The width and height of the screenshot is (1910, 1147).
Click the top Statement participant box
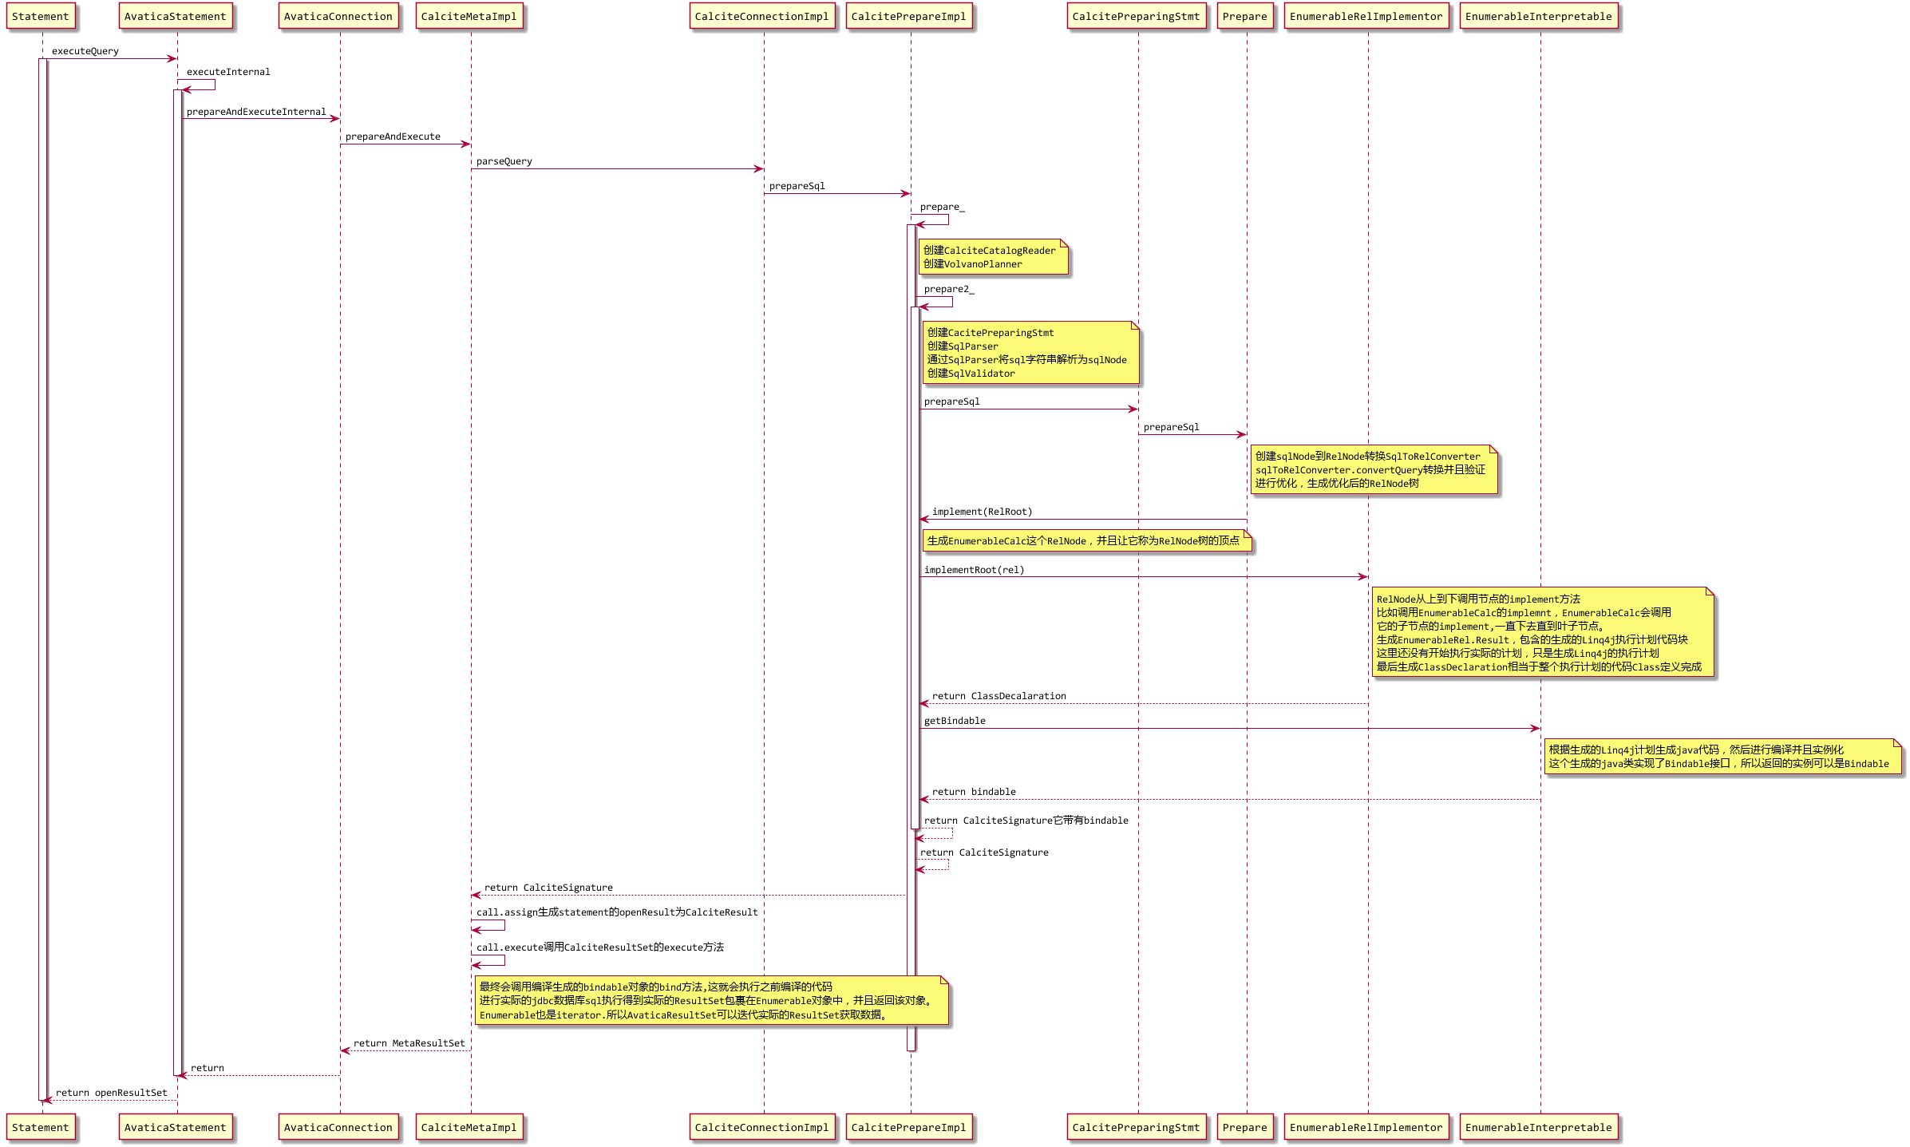point(41,17)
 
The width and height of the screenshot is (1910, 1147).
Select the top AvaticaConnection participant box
point(338,17)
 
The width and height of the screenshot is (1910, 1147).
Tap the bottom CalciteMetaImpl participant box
point(469,1127)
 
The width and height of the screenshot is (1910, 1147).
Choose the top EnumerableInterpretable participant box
point(1539,17)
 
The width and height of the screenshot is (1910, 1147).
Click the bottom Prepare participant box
point(1245,1127)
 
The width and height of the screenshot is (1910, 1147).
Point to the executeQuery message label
point(85,51)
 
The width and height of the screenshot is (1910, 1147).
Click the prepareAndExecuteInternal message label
point(256,112)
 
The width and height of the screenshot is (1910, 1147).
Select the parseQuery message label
point(504,161)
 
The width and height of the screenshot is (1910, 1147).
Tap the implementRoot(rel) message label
point(974,570)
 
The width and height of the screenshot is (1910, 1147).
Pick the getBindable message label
point(955,721)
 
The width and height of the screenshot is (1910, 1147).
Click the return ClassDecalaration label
point(999,696)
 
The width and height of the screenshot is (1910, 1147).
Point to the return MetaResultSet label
point(409,1043)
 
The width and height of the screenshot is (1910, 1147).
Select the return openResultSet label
point(112,1093)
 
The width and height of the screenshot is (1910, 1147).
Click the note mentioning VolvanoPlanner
point(994,257)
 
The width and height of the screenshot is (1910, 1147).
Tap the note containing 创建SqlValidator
point(1030,353)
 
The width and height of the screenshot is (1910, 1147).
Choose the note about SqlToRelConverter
point(1374,469)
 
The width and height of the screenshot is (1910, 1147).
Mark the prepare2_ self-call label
point(949,289)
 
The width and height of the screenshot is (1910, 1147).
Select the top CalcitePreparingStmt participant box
point(1137,17)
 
